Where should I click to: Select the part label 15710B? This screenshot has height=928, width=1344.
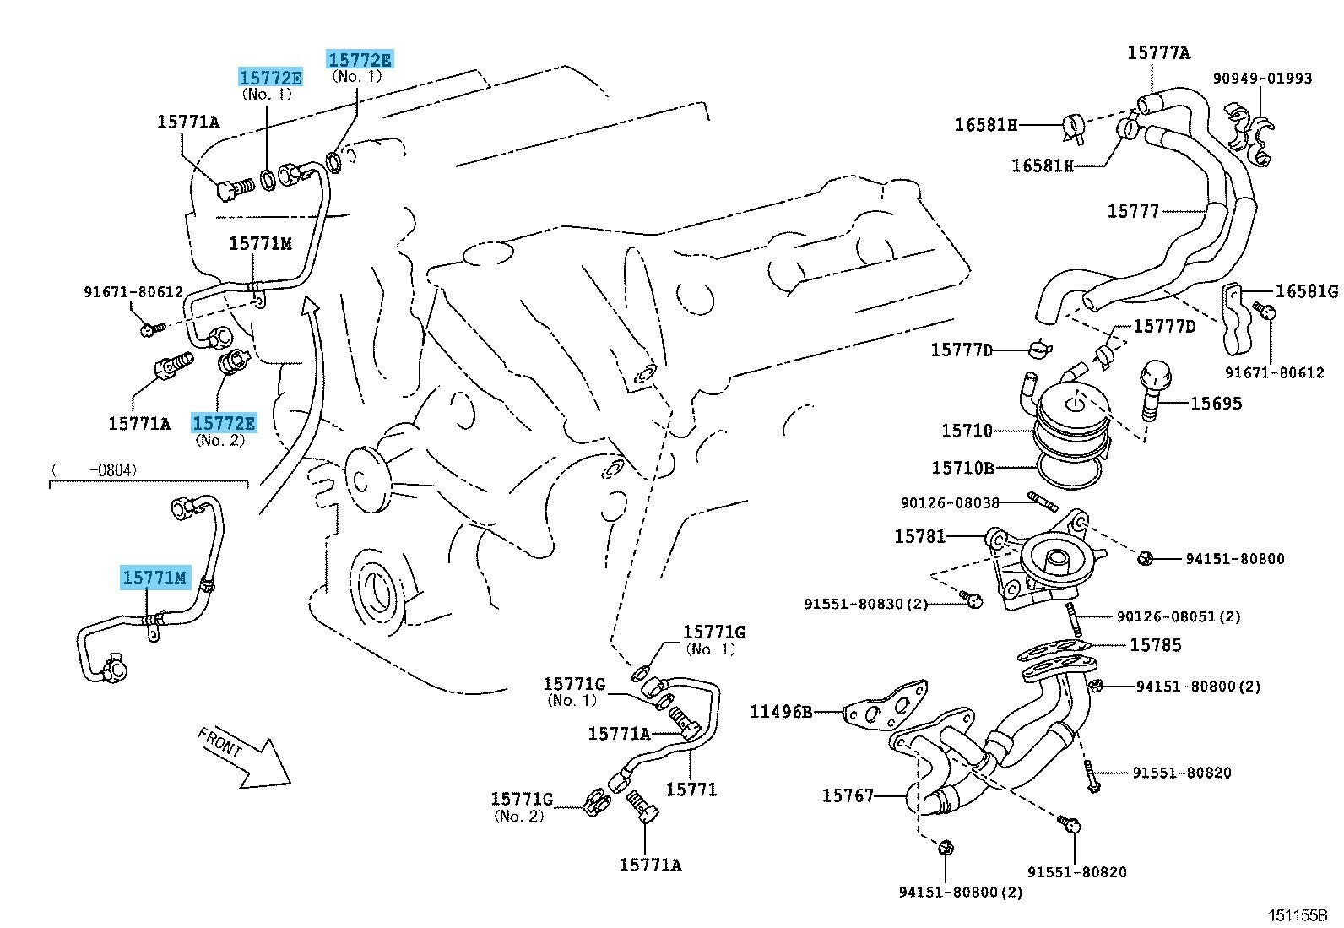962,468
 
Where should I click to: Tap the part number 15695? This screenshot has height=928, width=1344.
1216,404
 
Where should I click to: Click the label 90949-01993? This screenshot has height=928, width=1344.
1262,79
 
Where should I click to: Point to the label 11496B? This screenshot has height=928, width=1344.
781,712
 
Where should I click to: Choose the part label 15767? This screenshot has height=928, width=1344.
848,795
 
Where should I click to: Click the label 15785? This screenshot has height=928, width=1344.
1155,645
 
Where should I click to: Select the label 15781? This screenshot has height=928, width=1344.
919,536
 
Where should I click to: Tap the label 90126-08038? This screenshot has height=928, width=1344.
949,502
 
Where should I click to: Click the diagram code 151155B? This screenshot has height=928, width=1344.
1297,915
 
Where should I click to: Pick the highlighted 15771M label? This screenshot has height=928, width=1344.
154,578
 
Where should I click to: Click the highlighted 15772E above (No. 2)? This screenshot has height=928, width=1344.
224,422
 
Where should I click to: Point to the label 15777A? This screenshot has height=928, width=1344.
1158,53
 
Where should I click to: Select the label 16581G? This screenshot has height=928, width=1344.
1306,291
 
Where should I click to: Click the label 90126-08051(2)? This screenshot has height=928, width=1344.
1178,616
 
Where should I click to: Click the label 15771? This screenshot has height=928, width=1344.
691,790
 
